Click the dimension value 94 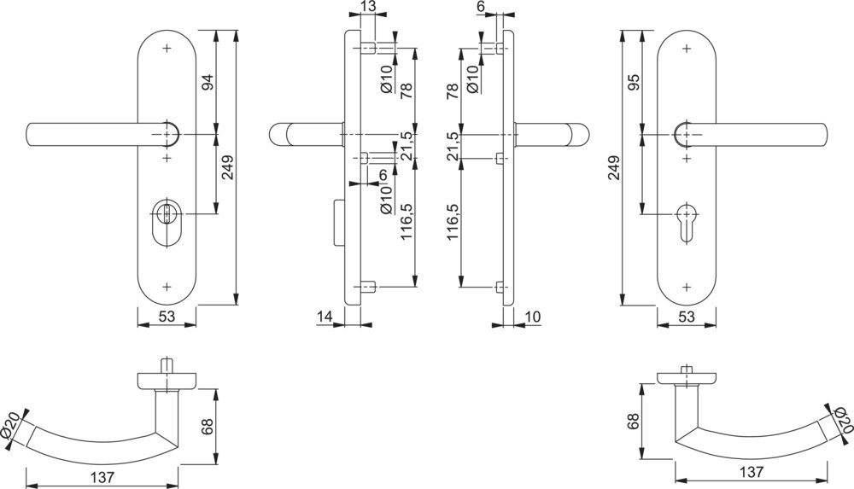click(x=208, y=83)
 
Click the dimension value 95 click(x=633, y=83)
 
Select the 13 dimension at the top click(x=367, y=8)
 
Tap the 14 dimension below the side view click(x=325, y=317)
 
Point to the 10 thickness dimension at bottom click(x=532, y=317)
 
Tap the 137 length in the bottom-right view click(x=751, y=472)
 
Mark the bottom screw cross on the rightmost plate click(x=687, y=286)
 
